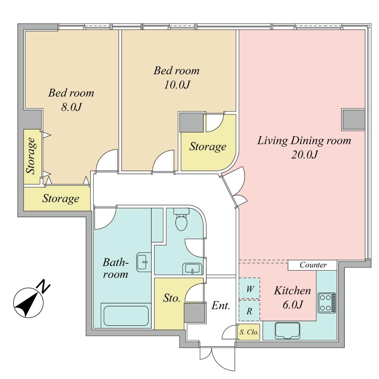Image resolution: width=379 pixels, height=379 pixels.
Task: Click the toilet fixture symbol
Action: point(181,222)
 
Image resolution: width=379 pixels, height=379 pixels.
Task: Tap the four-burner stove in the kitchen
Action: point(326,302)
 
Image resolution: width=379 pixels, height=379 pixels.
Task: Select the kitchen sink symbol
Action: point(287,330)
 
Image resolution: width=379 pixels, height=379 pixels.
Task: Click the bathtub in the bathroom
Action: point(126,315)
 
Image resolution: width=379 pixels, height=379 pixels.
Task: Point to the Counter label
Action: point(313,265)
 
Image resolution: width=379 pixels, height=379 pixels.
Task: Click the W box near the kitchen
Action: point(249,289)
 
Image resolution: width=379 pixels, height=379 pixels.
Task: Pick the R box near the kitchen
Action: point(249,311)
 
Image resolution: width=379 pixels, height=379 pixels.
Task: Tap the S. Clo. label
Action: point(249,333)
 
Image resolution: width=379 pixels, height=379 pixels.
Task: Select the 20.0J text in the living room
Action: point(304,155)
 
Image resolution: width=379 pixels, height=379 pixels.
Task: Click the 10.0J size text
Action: point(176,85)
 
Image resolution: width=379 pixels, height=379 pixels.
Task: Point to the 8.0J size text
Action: point(71,107)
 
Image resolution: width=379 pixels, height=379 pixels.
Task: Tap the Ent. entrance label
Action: point(221,305)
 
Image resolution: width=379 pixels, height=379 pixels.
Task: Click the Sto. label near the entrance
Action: point(171,298)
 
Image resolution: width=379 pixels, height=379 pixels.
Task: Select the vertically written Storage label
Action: point(31,156)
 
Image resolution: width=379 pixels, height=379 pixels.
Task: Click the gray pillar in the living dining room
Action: point(353,119)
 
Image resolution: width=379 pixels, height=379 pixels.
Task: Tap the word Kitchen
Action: point(292,291)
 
